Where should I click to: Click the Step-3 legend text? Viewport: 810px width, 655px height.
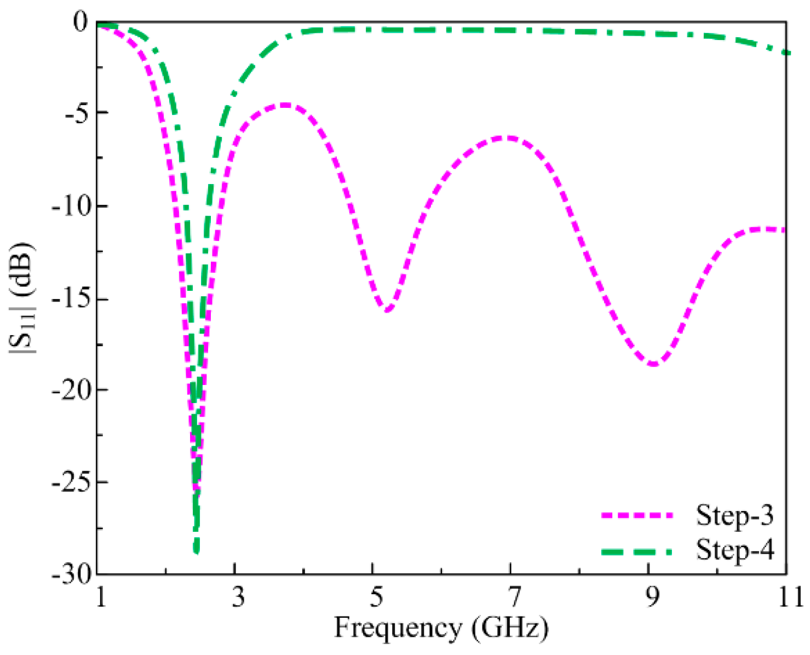[x=734, y=515]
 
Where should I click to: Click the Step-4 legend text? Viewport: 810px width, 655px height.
[x=734, y=549]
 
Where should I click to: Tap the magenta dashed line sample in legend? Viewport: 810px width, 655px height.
[x=636, y=515]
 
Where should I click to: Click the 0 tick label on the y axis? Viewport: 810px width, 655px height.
[x=81, y=23]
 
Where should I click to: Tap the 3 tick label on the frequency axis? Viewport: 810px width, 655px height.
[x=237, y=597]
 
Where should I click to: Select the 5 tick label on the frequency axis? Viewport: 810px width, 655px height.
[x=375, y=597]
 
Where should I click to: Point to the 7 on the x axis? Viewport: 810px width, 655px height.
[x=513, y=597]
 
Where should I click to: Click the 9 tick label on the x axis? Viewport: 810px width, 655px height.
[x=651, y=597]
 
